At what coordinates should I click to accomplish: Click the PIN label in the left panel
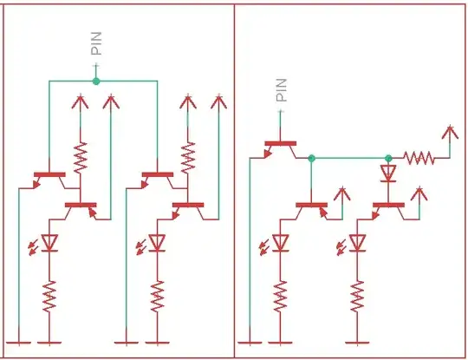95,45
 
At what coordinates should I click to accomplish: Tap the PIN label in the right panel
281,90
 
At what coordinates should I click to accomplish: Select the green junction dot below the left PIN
95,82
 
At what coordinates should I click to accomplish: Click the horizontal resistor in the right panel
419,158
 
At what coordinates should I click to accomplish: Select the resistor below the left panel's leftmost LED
49,297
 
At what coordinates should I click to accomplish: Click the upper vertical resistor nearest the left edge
81,156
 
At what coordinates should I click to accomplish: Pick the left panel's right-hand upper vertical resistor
188,156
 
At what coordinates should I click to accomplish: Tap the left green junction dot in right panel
311,158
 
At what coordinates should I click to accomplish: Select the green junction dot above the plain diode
388,158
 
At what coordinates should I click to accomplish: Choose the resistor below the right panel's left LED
281,297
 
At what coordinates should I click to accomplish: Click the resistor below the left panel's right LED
157,297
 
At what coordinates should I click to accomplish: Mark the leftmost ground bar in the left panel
16,342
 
